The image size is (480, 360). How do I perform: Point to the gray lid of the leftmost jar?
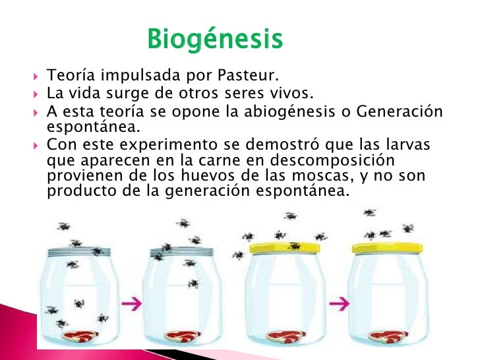tap(78, 252)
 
